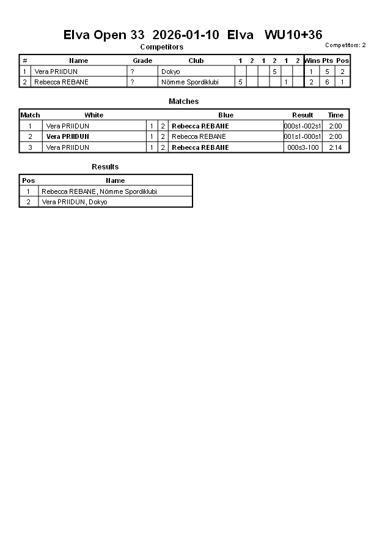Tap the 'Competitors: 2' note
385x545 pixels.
pyautogui.click(x=345, y=45)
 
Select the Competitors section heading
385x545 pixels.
pyautogui.click(x=161, y=47)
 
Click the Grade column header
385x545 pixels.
pyautogui.click(x=142, y=61)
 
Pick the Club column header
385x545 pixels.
pyautogui.click(x=196, y=61)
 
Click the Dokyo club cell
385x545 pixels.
pyautogui.click(x=170, y=72)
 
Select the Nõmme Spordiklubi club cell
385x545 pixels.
pyautogui.click(x=189, y=82)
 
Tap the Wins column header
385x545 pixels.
pyautogui.click(x=312, y=61)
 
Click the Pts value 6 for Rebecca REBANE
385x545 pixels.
pyautogui.click(x=328, y=82)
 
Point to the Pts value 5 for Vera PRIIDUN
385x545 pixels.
pyautogui.click(x=328, y=72)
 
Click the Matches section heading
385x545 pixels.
pyautogui.click(x=183, y=102)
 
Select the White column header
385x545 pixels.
pyautogui.click(x=94, y=115)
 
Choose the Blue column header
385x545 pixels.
pyautogui.click(x=226, y=115)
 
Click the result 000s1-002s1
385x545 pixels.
pyautogui.click(x=302, y=126)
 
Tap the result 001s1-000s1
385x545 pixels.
pyautogui.click(x=302, y=136)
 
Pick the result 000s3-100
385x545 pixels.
pyautogui.click(x=302, y=147)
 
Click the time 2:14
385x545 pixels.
pyautogui.click(x=335, y=147)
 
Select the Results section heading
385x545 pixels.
pyautogui.click(x=105, y=167)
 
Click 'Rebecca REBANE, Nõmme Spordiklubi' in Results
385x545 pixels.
pyautogui.click(x=99, y=191)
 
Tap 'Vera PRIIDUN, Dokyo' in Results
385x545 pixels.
pyautogui.click(x=74, y=202)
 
